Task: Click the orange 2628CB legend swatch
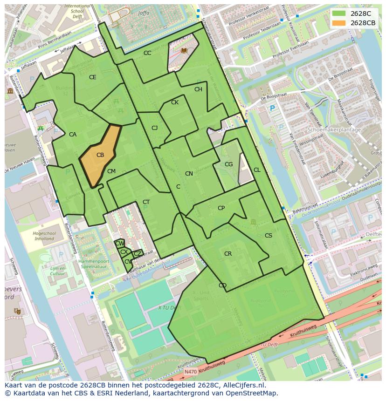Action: tap(339, 23)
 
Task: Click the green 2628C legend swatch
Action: tap(339, 14)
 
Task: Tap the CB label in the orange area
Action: tap(100, 155)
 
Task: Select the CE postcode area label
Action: tap(92, 77)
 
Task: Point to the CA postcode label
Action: tap(73, 135)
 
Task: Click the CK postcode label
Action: tap(175, 102)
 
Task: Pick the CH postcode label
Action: tap(198, 89)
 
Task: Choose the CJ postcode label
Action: tap(155, 128)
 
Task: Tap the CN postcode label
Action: tap(189, 174)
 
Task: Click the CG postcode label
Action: tap(228, 164)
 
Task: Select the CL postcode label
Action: tap(257, 170)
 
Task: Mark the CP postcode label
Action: tap(221, 208)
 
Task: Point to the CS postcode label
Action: tap(268, 236)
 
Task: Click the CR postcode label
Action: tap(228, 254)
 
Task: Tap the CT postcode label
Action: tap(146, 202)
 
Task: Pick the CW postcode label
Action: tap(119, 244)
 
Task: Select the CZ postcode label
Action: tap(138, 254)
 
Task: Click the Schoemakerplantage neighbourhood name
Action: tap(334, 130)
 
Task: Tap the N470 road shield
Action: tap(190, 372)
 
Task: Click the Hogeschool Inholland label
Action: tap(44, 236)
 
